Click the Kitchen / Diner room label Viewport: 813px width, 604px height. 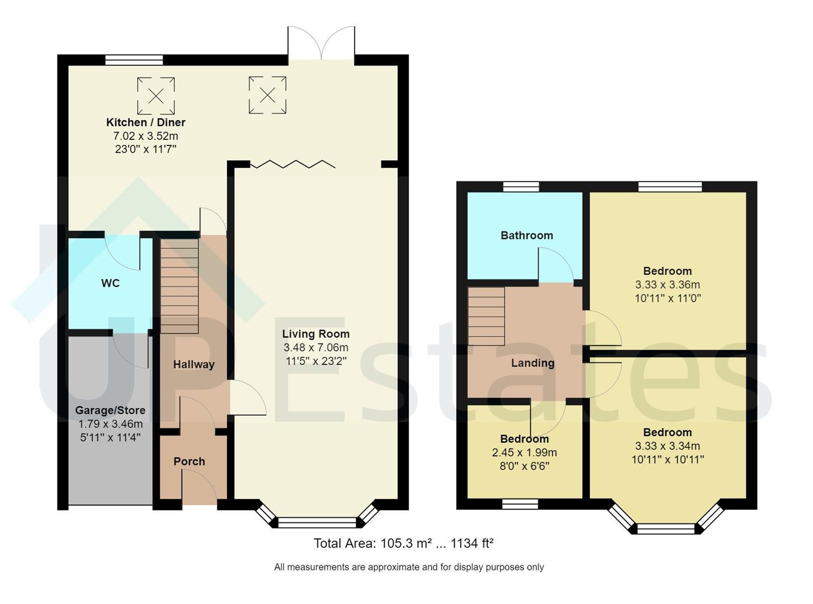145,122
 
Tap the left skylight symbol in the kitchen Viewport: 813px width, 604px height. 156,96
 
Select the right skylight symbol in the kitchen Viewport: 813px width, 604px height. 267,96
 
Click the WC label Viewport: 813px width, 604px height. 110,284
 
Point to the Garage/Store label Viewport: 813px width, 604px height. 110,410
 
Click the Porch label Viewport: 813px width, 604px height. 189,461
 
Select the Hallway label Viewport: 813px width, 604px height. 193,365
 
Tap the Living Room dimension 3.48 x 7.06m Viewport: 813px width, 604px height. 316,348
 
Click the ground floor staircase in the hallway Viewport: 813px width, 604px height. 179,286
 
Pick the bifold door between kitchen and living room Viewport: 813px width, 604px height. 292,164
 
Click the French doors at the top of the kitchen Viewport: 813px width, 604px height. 321,44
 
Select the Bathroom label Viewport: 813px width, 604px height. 527,235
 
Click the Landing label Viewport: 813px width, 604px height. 532,363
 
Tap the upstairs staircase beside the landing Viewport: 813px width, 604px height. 486,316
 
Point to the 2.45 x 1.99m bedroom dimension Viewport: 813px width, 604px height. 524,452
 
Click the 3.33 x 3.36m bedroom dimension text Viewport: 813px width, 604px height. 667,285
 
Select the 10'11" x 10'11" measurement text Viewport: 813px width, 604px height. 667,460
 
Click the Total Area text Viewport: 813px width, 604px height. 403,543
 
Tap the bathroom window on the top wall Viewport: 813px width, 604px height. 521,187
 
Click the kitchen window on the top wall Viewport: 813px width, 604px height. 134,60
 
